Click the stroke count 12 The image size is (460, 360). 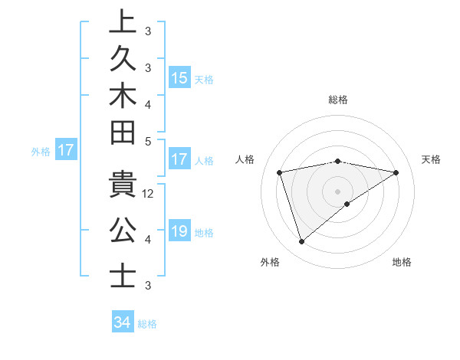click(149, 194)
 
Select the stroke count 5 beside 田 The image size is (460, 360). click(148, 141)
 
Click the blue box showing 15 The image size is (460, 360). click(179, 78)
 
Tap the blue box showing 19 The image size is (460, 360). click(179, 232)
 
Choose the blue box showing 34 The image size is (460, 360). click(123, 322)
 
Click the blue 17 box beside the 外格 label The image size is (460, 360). click(66, 151)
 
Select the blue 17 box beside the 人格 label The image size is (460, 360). click(179, 160)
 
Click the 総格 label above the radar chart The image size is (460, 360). click(337, 100)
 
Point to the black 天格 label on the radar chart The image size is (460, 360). click(432, 159)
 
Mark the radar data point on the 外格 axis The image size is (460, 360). click(301, 242)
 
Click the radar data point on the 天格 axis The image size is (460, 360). click(396, 172)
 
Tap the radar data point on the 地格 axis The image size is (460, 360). click(347, 204)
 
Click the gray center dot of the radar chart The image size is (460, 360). click(337, 191)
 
